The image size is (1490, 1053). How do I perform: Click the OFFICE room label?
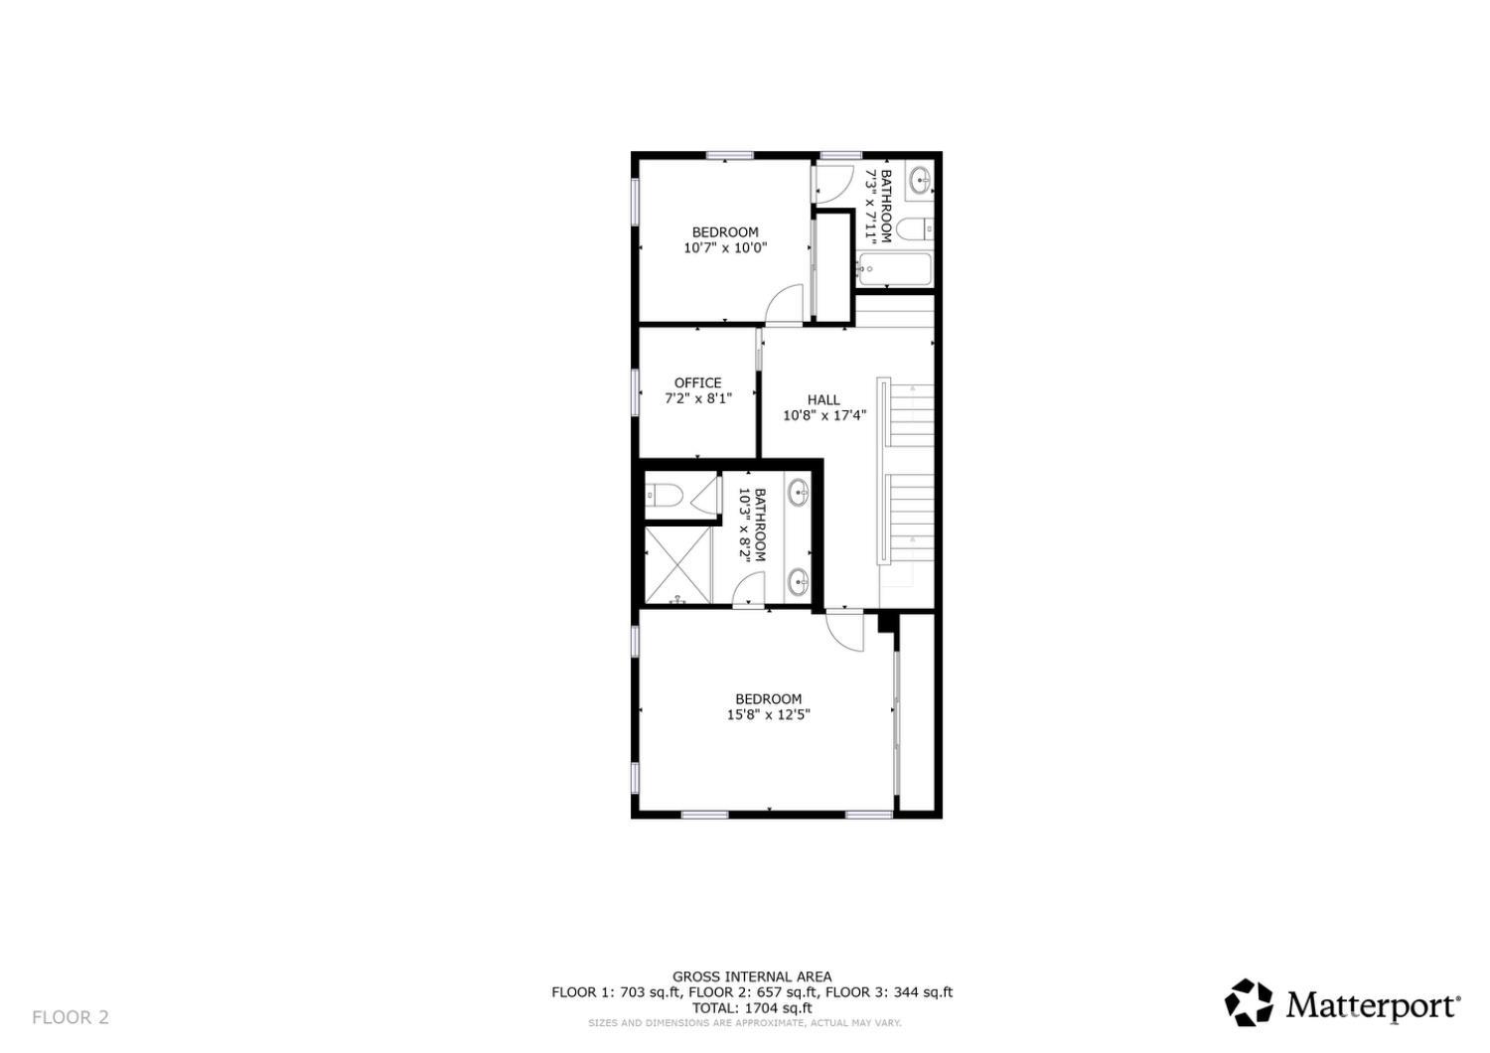point(697,382)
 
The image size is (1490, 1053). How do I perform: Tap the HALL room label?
point(823,399)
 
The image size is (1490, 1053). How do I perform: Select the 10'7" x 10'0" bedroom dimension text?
point(725,248)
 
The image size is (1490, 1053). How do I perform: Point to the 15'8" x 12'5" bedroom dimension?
point(768,714)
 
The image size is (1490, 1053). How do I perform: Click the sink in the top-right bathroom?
point(921,180)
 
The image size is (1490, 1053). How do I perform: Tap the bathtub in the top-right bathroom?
point(894,269)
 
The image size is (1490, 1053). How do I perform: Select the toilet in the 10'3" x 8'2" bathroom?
point(662,494)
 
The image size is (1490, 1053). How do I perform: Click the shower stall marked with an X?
point(677,563)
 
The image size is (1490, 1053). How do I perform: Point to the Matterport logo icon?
point(1249,1002)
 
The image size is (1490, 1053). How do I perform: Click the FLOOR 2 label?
point(71,1017)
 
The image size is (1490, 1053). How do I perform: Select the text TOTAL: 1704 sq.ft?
point(752,1007)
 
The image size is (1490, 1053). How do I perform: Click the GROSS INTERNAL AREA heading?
point(752,977)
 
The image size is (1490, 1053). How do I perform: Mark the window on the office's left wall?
point(636,390)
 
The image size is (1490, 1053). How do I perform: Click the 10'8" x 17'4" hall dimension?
point(824,415)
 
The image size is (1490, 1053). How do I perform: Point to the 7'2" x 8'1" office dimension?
point(697,398)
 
